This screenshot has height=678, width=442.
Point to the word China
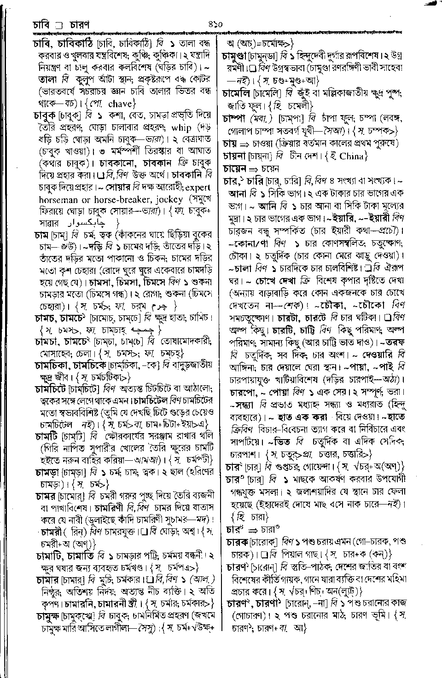click(x=352, y=156)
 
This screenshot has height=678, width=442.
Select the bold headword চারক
click(x=237, y=542)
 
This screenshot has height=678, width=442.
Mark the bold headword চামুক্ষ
click(x=48, y=615)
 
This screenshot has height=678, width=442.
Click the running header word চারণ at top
click(x=79, y=23)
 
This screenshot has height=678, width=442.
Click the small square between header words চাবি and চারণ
click(x=58, y=23)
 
